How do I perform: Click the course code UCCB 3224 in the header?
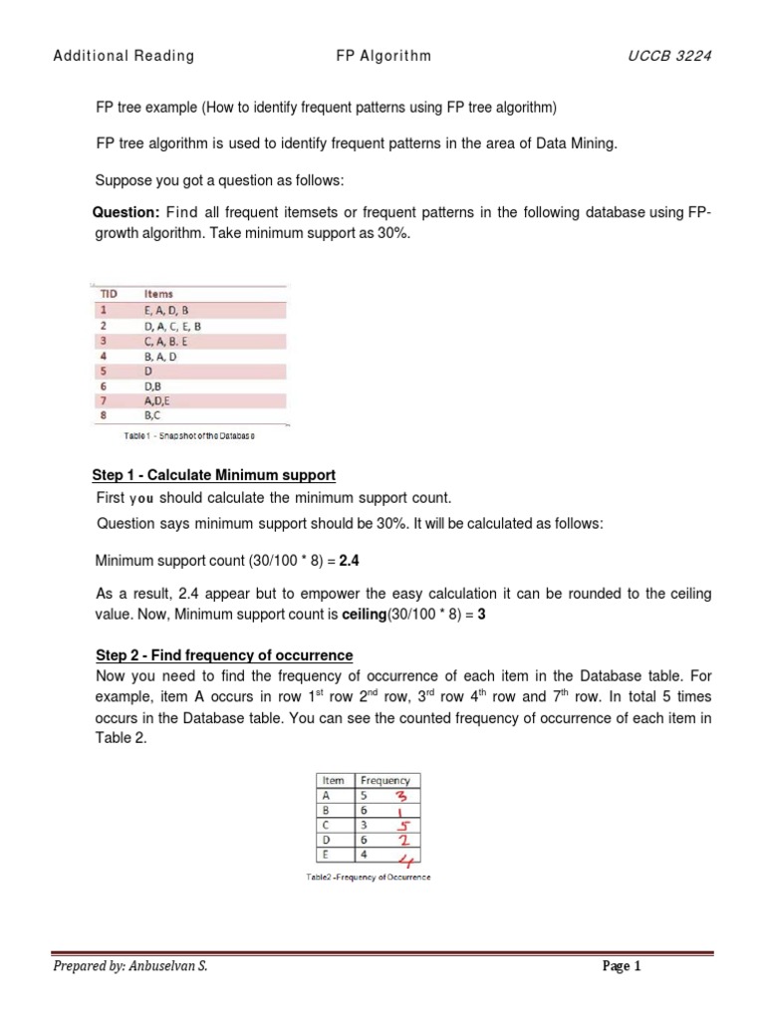pos(669,56)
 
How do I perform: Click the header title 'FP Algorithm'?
pos(383,56)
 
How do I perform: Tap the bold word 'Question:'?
pos(126,213)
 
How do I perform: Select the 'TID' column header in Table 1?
pos(108,294)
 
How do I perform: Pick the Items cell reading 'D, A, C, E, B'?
pos(172,326)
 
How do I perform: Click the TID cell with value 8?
pos(102,415)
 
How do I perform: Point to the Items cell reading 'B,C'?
pos(154,415)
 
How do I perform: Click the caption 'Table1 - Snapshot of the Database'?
pos(189,435)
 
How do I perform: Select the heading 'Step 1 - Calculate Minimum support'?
pos(215,475)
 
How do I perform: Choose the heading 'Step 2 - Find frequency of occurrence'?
pos(224,654)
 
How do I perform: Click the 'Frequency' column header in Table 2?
pos(384,780)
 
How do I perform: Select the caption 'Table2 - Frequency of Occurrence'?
pos(369,877)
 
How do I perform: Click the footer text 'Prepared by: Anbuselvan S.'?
pos(130,966)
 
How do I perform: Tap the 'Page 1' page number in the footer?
pos(622,966)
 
